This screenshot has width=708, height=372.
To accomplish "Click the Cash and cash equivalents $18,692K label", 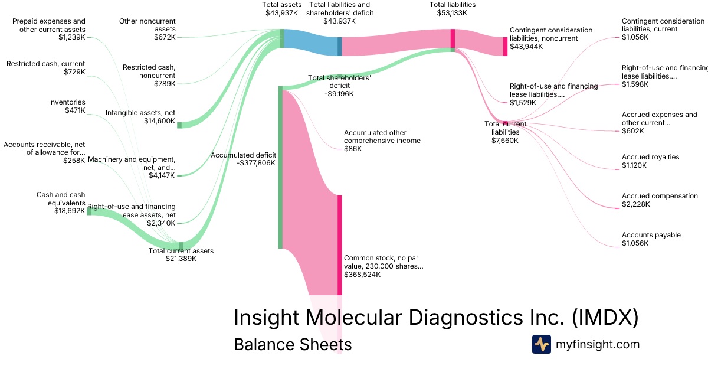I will tap(61, 203).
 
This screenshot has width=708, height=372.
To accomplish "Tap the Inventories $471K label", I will tap(67, 106).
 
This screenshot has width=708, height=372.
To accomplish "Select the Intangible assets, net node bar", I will tap(179, 125).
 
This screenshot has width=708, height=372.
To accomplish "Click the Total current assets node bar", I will tap(181, 245).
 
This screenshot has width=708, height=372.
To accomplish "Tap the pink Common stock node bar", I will tap(340, 245).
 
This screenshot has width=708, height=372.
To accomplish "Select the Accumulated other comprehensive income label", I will tap(382, 141).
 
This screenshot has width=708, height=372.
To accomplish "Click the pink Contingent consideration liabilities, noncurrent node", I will tap(505, 47).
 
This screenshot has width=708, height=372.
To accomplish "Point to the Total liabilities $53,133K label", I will tap(453, 9).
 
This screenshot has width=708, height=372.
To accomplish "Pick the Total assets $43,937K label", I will tap(281, 9).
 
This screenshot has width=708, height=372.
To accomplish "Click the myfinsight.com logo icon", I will tap(541, 344).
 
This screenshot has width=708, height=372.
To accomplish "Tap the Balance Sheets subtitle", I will tap(293, 345).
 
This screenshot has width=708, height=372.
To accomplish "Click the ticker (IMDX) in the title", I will tap(605, 318).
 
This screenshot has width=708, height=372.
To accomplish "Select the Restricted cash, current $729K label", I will tap(46, 68).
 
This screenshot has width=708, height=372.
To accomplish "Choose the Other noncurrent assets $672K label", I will tap(147, 29).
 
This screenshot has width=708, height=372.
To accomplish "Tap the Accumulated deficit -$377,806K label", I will tap(243, 159).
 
